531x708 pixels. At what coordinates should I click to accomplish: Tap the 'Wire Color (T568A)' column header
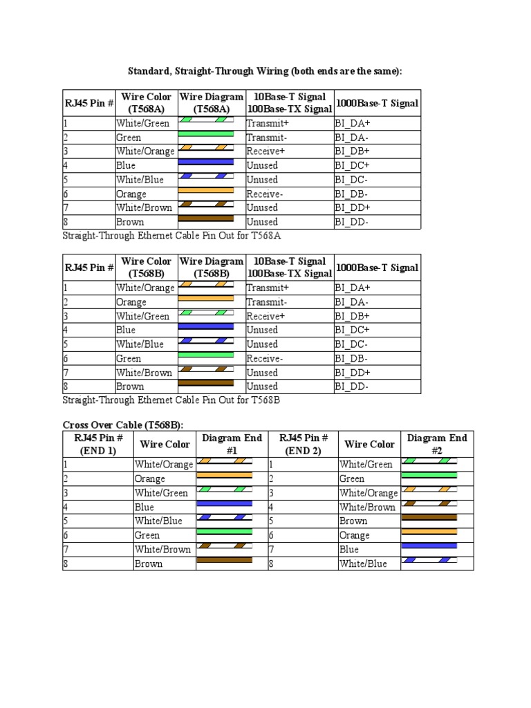[x=146, y=103]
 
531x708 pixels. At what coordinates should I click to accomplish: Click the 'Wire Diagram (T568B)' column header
[x=212, y=268]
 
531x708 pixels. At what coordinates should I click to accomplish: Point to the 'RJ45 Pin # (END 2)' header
[x=303, y=444]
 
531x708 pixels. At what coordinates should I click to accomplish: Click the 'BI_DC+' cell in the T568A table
[x=352, y=165]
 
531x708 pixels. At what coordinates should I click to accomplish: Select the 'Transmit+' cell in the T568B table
[x=268, y=288]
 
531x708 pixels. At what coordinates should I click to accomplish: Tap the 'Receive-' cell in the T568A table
[x=265, y=194]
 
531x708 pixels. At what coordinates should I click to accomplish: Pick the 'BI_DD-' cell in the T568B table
[x=352, y=386]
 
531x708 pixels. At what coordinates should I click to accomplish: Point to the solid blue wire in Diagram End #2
[x=429, y=546]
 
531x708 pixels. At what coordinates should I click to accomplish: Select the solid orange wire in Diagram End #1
[x=225, y=475]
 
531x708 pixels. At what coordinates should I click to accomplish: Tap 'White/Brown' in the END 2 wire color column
[x=369, y=507]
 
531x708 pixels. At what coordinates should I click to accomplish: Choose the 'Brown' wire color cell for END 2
[x=353, y=521]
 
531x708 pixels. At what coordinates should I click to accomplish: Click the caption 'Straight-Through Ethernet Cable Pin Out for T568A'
[x=171, y=236]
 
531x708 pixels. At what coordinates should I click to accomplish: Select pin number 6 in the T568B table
[x=66, y=358]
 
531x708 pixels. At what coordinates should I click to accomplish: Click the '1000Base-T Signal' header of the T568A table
[x=377, y=103]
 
